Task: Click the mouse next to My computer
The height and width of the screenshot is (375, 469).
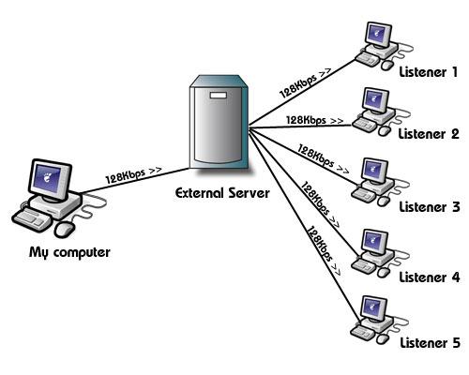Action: coord(64,228)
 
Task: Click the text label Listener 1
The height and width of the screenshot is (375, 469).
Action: coord(428,71)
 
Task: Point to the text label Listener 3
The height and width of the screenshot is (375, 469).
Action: coord(428,207)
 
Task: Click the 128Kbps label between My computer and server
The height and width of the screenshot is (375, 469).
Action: coord(134,176)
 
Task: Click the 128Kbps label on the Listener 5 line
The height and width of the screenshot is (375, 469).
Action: coord(321,246)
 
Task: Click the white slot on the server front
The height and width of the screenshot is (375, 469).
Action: coord(218,96)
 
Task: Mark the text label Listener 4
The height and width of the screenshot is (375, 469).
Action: coord(428,277)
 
